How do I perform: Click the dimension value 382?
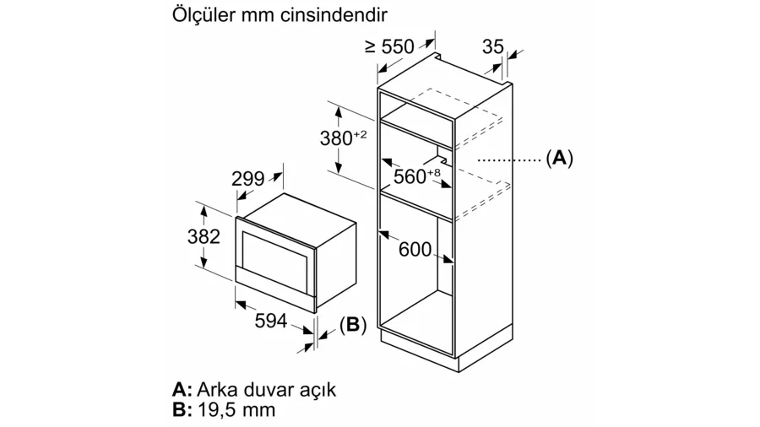tap(204, 236)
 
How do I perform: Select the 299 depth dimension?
tap(247, 179)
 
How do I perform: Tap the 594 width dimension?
tap(271, 320)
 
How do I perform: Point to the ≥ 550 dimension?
tap(389, 46)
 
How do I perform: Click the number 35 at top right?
tap(493, 46)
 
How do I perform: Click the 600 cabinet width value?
tap(415, 249)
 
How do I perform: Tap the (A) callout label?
tap(559, 159)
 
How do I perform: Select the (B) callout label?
tap(353, 324)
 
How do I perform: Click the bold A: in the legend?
tap(182, 389)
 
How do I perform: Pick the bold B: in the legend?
tap(182, 409)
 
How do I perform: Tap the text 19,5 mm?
tap(237, 410)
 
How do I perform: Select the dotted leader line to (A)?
tap(509, 159)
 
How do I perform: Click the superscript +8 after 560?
tap(434, 172)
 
